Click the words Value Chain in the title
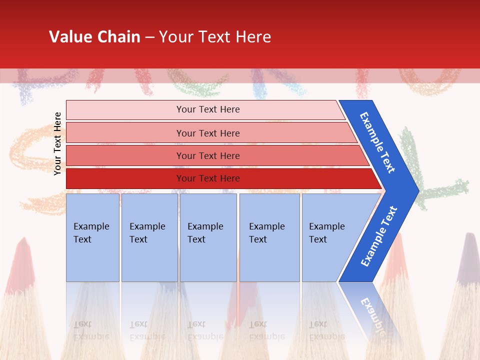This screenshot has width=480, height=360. (94, 36)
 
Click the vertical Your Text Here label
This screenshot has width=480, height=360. (57, 143)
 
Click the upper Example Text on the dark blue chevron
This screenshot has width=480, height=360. (377, 142)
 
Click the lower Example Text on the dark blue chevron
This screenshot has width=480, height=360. (379, 236)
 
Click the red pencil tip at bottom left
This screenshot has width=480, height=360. (21, 260)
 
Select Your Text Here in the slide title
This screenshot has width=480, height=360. (215, 36)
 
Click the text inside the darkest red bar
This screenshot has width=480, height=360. (208, 178)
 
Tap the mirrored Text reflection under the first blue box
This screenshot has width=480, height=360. (82, 324)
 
